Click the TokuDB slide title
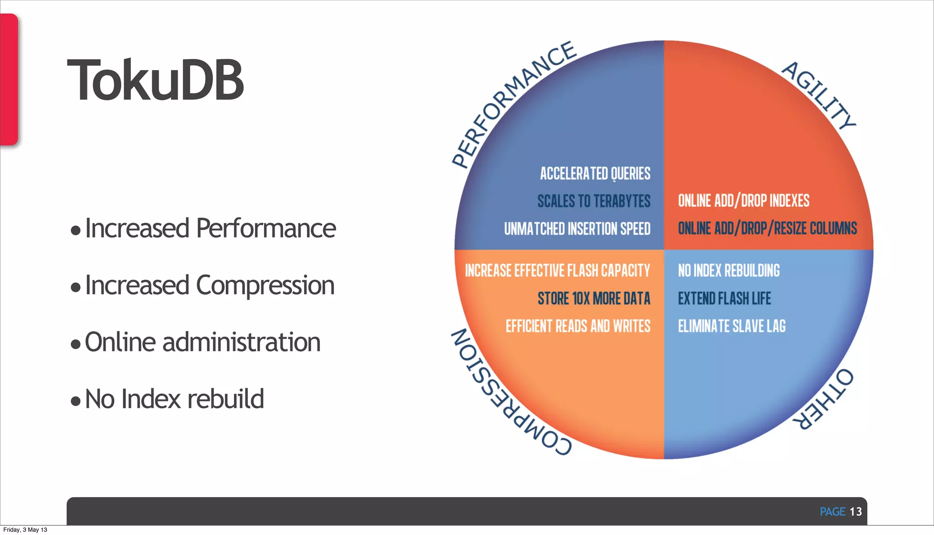coord(156,80)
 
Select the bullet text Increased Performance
coord(210,228)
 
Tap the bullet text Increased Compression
coord(209,286)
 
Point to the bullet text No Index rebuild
coord(174,399)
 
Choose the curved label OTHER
coord(823,399)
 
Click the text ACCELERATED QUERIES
coord(595,174)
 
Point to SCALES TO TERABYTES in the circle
coord(594,201)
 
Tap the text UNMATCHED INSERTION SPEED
coord(577,229)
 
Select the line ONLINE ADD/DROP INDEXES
coord(743,201)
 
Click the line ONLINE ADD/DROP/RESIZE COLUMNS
coord(767,228)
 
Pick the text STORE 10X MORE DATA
coord(594,299)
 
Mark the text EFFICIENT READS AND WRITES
coord(578,326)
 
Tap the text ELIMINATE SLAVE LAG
coord(732,326)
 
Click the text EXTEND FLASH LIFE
coord(724,299)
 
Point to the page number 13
coord(856,512)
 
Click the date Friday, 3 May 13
coord(25,530)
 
